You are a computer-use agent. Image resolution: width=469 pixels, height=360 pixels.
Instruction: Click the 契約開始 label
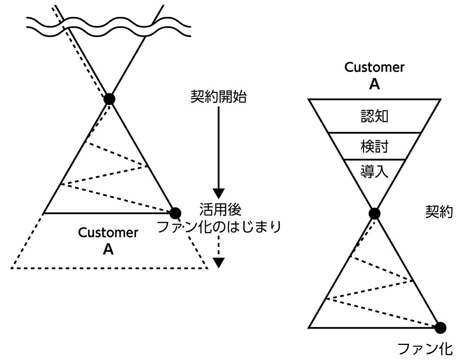tap(219, 98)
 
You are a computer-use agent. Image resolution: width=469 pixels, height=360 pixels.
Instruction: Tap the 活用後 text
tap(219, 209)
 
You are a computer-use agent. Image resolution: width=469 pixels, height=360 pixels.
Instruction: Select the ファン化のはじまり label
tap(219, 227)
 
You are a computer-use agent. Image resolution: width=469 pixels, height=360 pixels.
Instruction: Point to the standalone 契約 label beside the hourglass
tap(439, 212)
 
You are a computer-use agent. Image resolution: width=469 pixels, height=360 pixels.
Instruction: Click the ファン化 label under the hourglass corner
tap(425, 348)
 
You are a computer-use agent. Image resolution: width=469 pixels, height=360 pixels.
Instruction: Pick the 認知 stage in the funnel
tap(374, 116)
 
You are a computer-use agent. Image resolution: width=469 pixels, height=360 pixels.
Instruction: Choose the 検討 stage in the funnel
tap(374, 146)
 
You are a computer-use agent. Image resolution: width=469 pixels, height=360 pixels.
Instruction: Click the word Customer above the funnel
tap(374, 67)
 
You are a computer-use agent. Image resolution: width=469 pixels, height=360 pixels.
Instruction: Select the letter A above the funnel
tap(374, 84)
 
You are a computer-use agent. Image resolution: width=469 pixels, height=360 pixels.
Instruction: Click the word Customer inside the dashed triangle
tap(108, 233)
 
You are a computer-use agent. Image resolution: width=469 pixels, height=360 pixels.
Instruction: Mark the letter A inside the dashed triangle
tap(108, 250)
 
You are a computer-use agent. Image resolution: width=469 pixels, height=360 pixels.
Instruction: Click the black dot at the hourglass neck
tap(374, 214)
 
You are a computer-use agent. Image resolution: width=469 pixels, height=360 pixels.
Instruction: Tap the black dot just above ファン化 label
tap(440, 327)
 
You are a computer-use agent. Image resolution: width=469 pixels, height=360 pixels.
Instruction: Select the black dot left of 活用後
tap(175, 213)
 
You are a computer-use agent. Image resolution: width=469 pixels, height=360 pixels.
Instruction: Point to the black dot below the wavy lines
tap(109, 99)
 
